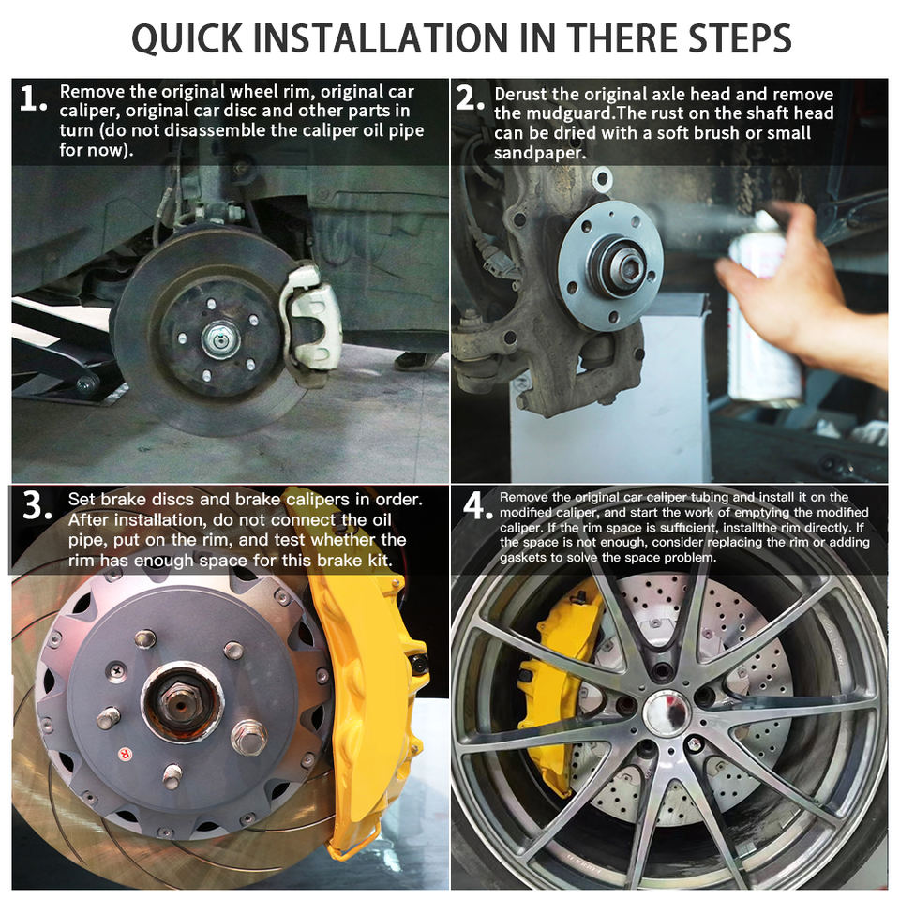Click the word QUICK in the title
187,39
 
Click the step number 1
32,98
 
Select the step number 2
470,97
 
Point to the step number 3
37,505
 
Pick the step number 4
476,505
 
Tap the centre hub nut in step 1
219,339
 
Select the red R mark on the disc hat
124,754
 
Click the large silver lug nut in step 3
250,737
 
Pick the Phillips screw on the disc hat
117,669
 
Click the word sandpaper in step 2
540,153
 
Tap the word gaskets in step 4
523,557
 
